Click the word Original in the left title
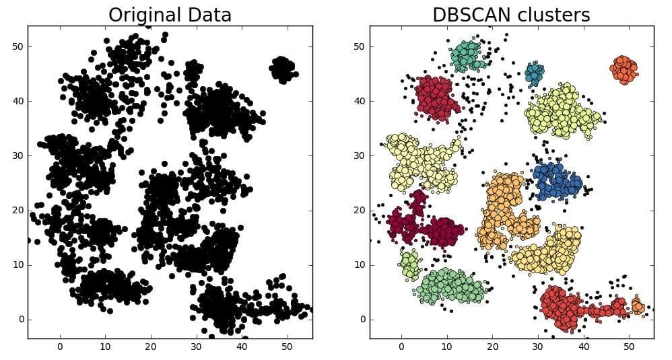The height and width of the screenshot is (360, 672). (144, 15)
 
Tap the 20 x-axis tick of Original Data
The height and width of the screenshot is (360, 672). (150, 347)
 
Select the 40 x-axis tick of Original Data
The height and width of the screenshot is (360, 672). (241, 347)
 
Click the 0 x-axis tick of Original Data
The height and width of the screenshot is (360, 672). (60, 347)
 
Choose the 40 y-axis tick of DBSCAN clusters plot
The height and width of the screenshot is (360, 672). (359, 101)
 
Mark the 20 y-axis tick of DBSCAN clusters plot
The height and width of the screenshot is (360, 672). (359, 210)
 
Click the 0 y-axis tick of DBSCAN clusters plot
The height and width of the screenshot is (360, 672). (362, 319)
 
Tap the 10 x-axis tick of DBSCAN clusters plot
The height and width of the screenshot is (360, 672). (447, 347)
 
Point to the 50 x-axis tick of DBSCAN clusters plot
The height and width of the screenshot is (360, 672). (628, 347)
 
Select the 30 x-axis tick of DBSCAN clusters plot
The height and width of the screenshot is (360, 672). (537, 347)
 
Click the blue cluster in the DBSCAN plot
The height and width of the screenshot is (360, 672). (556, 180)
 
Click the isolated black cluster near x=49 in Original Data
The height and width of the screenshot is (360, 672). (283, 69)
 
